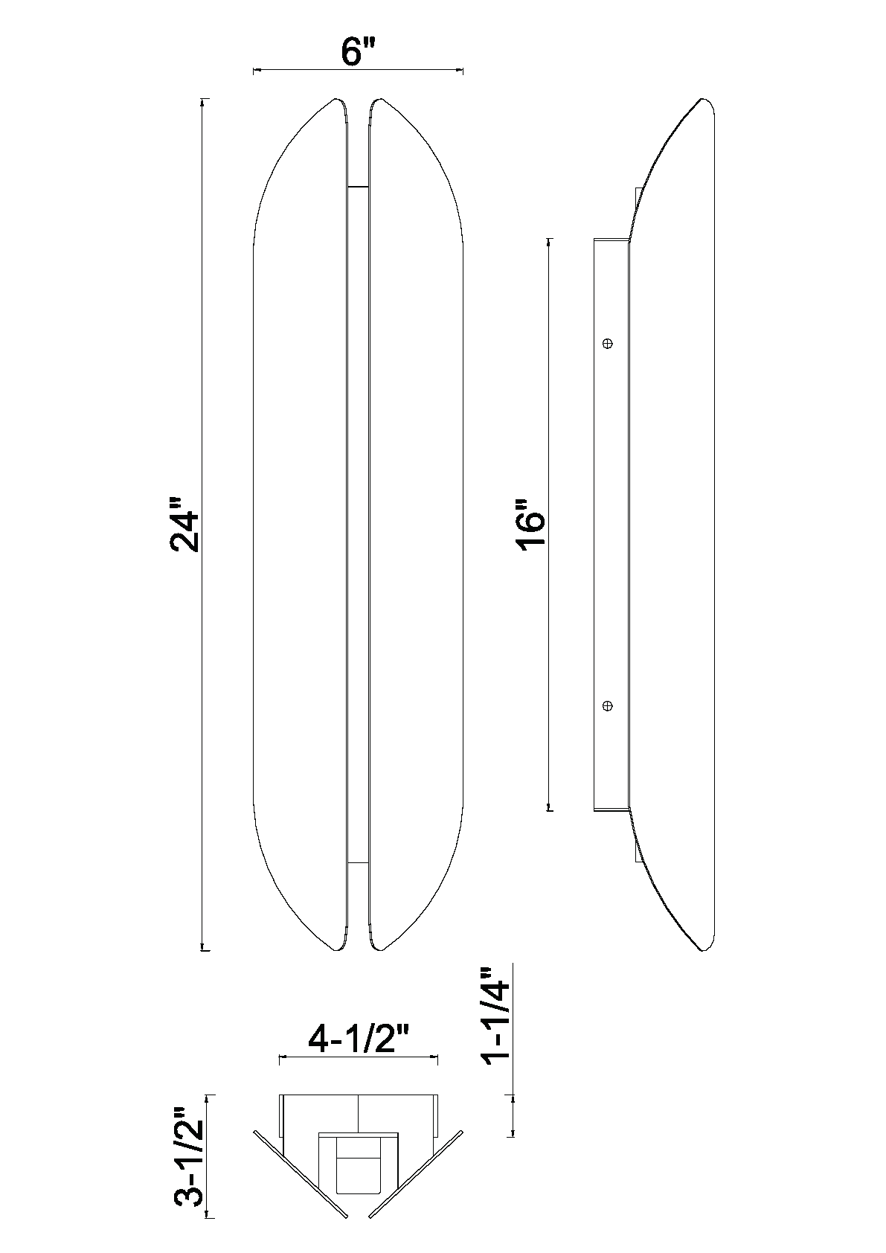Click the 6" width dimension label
pos(358,52)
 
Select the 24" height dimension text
pos(184,524)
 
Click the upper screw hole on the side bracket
pos(608,344)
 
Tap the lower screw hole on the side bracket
pos(608,706)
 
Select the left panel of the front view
pos(301,524)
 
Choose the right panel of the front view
pos(416,524)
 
